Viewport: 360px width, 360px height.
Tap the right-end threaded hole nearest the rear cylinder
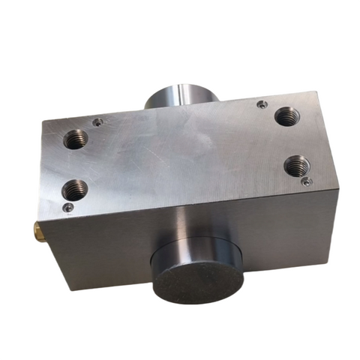[286, 116]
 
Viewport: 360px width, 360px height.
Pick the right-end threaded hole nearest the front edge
[295, 164]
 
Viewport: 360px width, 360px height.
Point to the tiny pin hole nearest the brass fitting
[68, 207]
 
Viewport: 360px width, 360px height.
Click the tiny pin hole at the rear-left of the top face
[97, 120]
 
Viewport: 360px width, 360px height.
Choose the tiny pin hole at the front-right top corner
[304, 181]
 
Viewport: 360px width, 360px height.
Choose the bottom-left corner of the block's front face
[70, 288]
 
